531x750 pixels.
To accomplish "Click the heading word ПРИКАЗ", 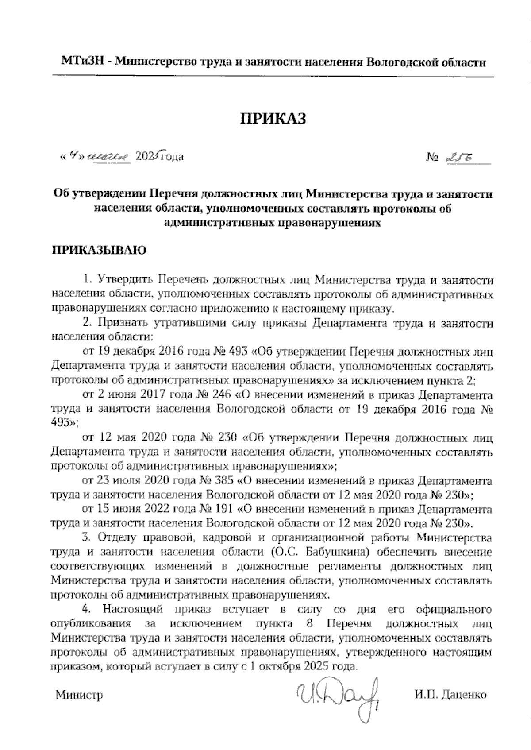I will [x=273, y=119].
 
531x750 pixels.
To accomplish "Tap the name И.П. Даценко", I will [x=450, y=694].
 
